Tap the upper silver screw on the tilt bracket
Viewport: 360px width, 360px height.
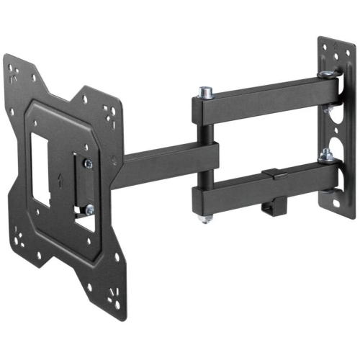[88, 164]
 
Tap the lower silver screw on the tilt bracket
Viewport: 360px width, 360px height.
[89, 210]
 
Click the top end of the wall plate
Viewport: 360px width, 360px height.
[333, 47]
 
